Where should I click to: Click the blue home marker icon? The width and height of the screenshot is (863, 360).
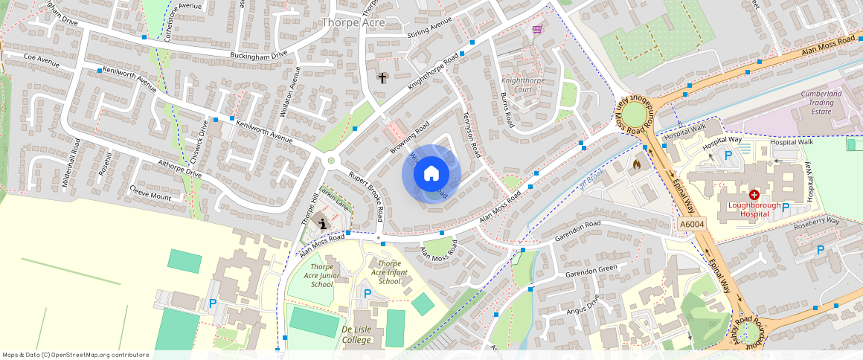[431, 174]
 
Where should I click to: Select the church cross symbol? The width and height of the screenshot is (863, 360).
[382, 77]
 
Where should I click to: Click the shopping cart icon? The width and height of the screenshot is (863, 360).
[537, 30]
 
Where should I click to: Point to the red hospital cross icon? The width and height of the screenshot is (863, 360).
[754, 193]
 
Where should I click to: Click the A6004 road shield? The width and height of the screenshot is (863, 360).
[691, 224]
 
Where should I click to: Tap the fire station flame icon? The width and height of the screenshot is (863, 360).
[636, 163]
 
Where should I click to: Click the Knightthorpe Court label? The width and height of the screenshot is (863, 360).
[518, 84]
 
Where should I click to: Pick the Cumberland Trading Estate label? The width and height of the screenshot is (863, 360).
[821, 103]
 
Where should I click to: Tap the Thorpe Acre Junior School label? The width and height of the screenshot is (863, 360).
[321, 275]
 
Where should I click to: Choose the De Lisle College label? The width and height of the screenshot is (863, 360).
[356, 334]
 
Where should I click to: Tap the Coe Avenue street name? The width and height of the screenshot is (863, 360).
[41, 60]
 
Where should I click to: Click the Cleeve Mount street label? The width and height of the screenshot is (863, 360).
[150, 193]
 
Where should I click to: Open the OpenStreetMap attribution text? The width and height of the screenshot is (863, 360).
[75, 355]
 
